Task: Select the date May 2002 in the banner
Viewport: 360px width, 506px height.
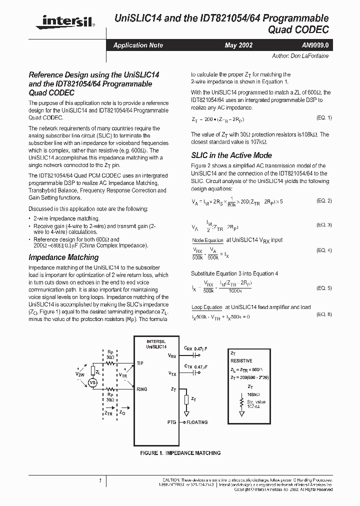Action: pos(238,45)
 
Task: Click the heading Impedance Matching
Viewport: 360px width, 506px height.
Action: pos(63,257)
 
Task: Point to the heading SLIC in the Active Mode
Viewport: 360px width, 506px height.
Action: pos(231,155)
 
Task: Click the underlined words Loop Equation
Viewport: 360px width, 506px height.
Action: pos(206,307)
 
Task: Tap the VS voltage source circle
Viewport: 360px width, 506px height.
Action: pos(92,382)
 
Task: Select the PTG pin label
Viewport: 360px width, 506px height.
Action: pos(172,422)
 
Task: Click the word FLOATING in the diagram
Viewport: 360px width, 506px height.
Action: pos(197,422)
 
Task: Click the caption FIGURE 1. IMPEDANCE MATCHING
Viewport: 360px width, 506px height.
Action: pos(180,453)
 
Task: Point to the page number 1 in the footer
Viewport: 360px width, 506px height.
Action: pos(100,481)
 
